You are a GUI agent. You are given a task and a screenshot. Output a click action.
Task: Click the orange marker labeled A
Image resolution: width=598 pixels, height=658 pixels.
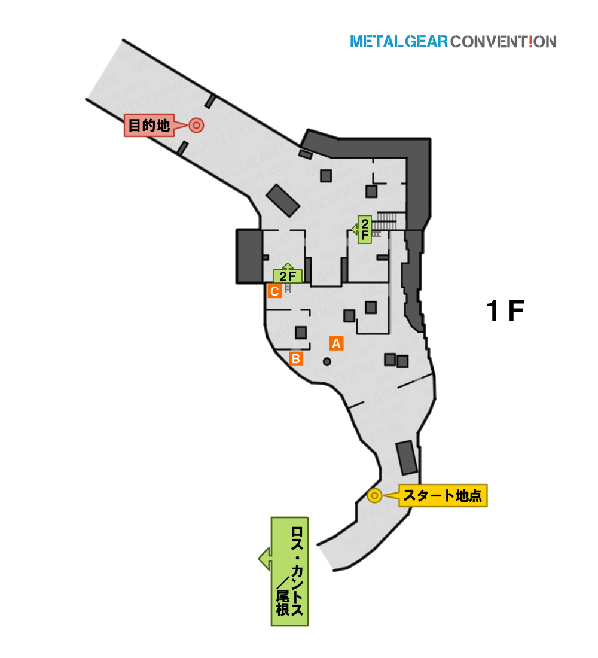click(336, 343)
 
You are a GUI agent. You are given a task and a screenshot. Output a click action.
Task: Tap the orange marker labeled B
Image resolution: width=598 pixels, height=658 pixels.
click(296, 359)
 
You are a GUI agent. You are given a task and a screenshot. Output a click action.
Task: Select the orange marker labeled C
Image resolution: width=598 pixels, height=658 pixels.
click(275, 291)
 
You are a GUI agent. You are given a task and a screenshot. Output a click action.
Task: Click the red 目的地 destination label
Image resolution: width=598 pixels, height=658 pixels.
click(149, 125)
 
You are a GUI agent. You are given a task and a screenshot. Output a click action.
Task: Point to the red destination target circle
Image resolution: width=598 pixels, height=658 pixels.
click(196, 125)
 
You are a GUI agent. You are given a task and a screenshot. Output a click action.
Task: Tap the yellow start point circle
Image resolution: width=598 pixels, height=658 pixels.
click(374, 496)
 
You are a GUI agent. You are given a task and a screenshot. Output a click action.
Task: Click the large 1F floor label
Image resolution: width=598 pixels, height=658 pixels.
click(505, 311)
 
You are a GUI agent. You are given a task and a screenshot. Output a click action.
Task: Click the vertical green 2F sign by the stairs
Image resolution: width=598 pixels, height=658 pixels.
click(364, 229)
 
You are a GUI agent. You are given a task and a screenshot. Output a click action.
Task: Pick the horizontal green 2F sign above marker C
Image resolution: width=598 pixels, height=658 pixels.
click(288, 275)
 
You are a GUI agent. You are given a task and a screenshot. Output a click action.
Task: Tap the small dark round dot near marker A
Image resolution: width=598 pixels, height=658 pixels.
click(327, 361)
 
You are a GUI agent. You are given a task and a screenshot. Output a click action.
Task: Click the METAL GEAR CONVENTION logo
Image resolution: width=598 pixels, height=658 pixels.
click(453, 41)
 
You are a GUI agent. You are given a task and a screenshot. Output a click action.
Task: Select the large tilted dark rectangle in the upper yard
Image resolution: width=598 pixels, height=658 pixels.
click(283, 200)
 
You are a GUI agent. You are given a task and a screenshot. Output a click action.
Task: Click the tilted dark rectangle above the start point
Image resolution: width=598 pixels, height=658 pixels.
click(407, 458)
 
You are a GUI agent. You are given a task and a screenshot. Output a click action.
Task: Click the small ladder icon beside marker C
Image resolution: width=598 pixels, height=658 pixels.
click(288, 288)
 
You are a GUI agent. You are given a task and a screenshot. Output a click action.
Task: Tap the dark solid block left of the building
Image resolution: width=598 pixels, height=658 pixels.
click(249, 257)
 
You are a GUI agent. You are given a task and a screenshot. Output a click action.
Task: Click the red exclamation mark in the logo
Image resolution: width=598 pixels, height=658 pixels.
click(531, 41)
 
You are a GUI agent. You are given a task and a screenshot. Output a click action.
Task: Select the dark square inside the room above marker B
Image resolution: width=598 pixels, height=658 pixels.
click(301, 333)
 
